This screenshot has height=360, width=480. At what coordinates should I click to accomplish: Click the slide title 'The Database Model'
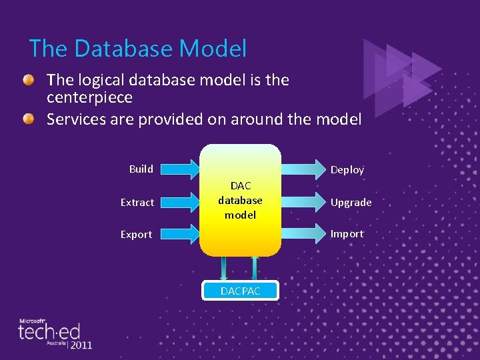pos(138,49)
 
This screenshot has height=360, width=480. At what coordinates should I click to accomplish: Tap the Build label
pos(141,169)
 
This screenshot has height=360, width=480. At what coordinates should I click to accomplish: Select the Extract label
pos(137,202)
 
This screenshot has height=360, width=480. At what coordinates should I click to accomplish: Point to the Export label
pos(136,234)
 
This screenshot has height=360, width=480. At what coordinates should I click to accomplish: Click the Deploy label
pos(347,170)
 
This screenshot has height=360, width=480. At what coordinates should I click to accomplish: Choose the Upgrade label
pos(351,202)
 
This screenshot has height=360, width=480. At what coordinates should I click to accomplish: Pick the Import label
pos(347,234)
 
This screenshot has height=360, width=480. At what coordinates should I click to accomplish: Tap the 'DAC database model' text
pos(240,200)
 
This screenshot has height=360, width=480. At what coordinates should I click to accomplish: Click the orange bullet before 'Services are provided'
pos(28,119)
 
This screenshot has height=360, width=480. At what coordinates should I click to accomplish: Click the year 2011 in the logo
pos(80,345)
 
